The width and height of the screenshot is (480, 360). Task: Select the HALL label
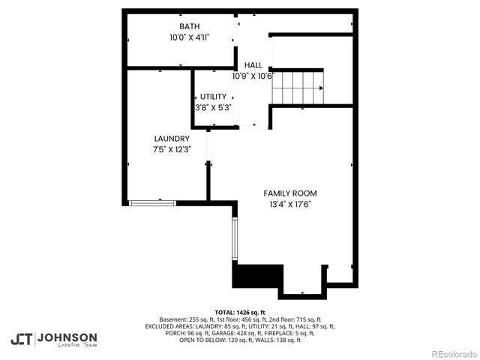(253, 65)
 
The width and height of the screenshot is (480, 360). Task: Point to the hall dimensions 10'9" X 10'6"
(253, 76)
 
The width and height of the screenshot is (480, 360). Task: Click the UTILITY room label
(213, 97)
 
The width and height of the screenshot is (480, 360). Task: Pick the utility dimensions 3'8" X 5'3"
(213, 107)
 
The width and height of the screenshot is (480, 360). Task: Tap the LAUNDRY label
(172, 139)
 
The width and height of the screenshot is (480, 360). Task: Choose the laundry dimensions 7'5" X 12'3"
(172, 149)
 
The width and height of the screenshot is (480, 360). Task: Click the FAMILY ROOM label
(290, 193)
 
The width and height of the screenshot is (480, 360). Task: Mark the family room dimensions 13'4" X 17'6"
(290, 203)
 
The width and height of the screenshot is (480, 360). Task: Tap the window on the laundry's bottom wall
(152, 202)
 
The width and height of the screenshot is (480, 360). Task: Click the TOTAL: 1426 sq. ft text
(240, 312)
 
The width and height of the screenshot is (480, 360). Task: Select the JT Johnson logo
(53, 339)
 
